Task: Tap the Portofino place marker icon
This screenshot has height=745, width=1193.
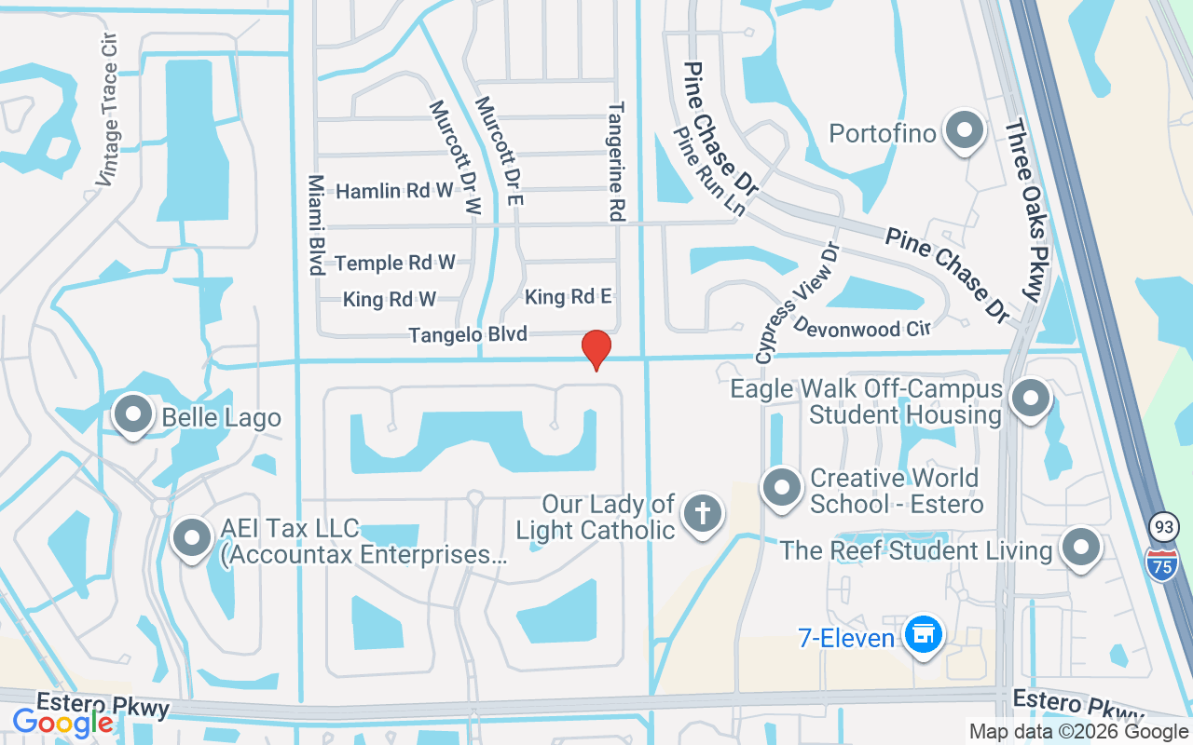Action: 965,131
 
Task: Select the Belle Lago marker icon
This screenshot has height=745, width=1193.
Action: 132,415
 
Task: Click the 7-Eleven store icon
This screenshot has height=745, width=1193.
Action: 924,636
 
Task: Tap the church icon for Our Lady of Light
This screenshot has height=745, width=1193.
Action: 703,514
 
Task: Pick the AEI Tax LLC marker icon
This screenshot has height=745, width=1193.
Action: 193,539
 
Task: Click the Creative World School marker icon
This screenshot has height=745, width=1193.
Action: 782,488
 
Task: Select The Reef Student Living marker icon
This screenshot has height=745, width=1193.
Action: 1081,549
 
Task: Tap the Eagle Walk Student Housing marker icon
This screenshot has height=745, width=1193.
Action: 1031,400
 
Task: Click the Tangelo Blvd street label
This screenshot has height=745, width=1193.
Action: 468,334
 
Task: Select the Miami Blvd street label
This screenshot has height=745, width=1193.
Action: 316,224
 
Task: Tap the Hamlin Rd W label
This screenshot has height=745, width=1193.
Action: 394,191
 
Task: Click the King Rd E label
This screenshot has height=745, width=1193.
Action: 569,297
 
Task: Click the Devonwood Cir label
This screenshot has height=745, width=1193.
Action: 862,327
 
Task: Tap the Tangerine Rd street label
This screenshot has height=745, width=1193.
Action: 615,161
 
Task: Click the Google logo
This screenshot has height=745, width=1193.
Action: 62,722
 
